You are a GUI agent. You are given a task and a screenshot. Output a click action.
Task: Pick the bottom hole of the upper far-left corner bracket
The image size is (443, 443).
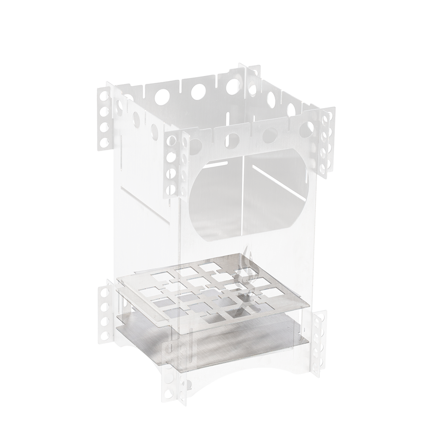105,142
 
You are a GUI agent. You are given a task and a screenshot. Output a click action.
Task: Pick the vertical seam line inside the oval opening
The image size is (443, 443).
242,195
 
